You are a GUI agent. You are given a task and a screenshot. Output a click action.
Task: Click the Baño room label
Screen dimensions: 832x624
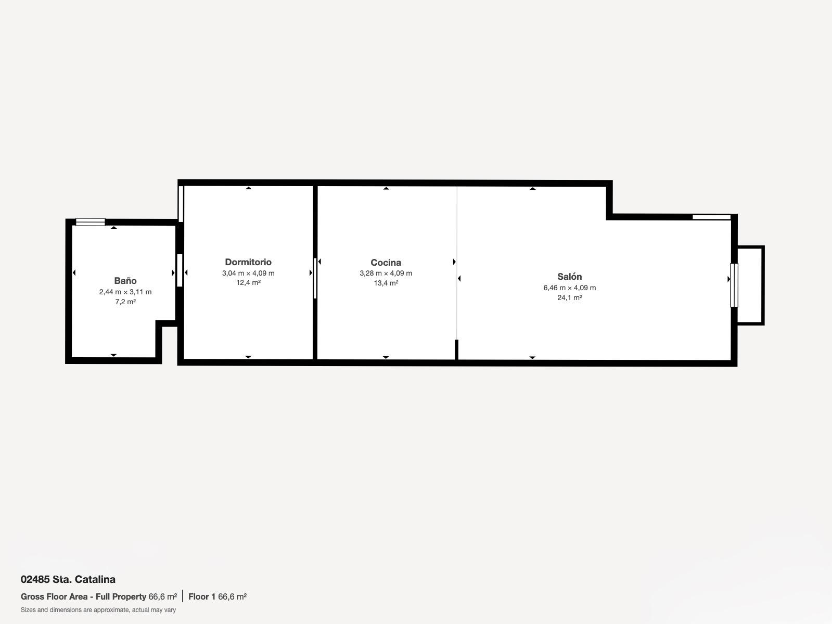tap(125, 281)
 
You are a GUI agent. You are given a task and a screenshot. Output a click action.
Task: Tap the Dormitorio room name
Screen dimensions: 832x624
tap(248, 262)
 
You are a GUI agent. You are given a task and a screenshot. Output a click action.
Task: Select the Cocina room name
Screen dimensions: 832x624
tap(386, 263)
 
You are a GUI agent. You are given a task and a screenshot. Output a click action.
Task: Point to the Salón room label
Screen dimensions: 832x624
tap(569, 277)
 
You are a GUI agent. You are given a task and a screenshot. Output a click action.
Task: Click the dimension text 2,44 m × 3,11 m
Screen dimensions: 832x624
tap(125, 292)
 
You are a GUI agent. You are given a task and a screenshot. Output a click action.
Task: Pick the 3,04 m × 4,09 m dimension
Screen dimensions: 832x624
tap(248, 273)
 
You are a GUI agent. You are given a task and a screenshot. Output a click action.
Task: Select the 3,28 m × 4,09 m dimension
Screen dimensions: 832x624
tap(386, 273)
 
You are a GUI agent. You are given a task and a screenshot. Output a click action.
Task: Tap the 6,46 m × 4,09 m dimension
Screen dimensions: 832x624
tap(569, 288)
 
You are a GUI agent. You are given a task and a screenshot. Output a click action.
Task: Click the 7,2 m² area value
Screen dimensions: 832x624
tap(125, 302)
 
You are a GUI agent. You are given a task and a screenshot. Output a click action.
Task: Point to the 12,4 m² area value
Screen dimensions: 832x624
tap(248, 282)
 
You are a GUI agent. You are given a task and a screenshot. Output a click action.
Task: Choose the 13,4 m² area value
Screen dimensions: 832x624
tap(386, 283)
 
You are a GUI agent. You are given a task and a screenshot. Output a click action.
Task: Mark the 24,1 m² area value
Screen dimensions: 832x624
tap(569, 297)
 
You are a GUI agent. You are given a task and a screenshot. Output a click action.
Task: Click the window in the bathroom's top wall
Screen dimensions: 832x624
tap(90, 222)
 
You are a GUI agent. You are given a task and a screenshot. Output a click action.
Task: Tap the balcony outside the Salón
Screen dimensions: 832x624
tap(750, 285)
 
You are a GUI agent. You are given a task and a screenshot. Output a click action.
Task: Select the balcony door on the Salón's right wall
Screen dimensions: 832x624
tap(734, 285)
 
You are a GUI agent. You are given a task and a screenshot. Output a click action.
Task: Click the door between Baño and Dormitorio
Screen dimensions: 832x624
tap(180, 270)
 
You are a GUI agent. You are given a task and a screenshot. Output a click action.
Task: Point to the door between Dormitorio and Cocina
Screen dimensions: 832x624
tap(315, 278)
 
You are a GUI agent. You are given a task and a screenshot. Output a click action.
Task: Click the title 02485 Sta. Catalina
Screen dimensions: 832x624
tap(68, 579)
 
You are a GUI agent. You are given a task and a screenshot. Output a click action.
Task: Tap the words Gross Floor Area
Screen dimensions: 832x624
tap(54, 597)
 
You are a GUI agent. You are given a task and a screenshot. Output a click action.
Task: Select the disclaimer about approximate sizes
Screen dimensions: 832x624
tap(98, 610)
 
